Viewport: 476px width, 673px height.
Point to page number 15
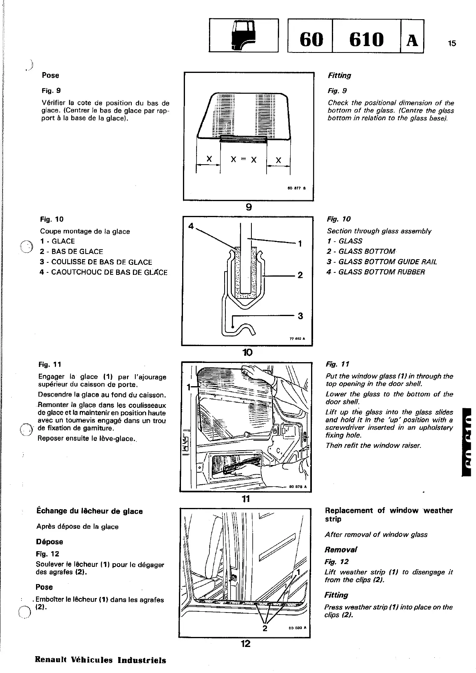pos(452,44)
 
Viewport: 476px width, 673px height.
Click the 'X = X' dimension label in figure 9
pos(243,160)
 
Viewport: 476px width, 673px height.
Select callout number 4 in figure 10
pos(191,226)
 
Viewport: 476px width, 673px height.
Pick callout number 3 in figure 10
pos(300,316)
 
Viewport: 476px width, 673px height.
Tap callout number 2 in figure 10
pos(300,275)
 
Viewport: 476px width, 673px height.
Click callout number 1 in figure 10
pos(300,244)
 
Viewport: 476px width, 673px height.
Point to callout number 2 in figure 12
pos(264,629)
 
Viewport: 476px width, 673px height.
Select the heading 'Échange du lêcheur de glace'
pos(89,511)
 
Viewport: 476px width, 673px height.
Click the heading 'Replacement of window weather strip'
pos(388,515)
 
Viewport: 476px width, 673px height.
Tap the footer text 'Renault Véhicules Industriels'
pos(100,660)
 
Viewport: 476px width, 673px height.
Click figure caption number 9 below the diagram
pos(248,207)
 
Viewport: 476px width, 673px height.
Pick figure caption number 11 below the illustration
pos(246,499)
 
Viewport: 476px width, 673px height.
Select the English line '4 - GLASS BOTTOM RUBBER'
pos(376,272)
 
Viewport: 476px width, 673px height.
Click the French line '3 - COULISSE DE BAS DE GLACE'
pos(96,262)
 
